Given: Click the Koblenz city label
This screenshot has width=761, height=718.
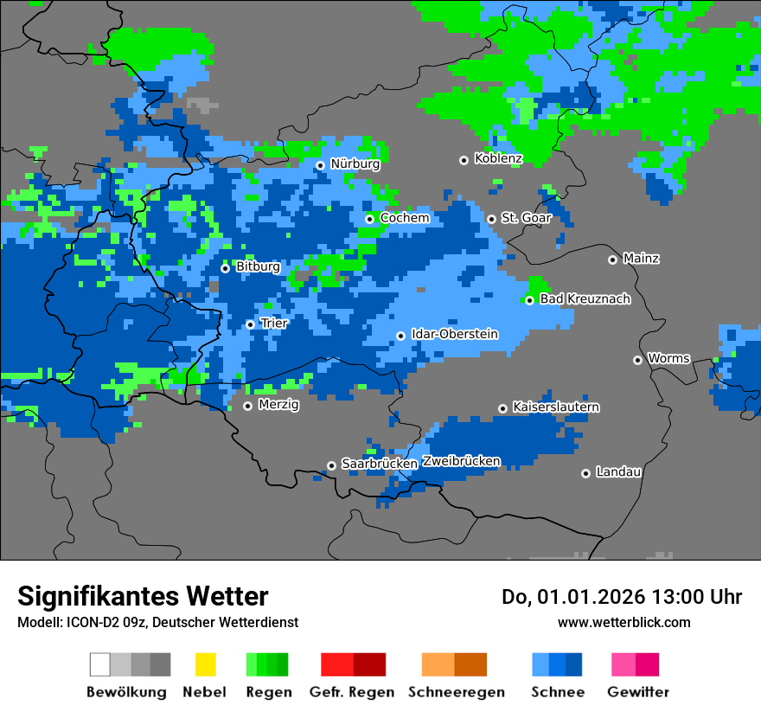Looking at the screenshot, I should [x=498, y=158].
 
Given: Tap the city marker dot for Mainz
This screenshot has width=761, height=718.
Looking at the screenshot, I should [x=612, y=260].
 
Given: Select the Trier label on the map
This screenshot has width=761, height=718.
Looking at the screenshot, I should [x=274, y=324].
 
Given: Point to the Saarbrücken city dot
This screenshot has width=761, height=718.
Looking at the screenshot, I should [x=331, y=465].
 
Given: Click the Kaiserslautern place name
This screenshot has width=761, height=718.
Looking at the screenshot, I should [x=556, y=407].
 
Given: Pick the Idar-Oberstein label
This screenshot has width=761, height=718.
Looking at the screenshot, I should [x=455, y=334].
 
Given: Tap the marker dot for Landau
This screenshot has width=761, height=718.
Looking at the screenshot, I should [x=585, y=473].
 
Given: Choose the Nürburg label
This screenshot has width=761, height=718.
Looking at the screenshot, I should [x=355, y=163].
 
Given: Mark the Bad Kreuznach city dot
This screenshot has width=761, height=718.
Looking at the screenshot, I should [x=529, y=300].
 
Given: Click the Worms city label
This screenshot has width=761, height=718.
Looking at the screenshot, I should [x=668, y=358].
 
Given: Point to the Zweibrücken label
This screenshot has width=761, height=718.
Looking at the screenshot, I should [x=461, y=461].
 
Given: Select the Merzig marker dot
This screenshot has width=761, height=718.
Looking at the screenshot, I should [x=247, y=406].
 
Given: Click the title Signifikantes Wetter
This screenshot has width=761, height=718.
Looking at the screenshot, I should [x=143, y=596].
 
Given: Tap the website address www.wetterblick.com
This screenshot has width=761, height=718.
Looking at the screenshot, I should [x=624, y=622].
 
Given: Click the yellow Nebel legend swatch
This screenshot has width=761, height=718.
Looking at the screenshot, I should [x=205, y=664].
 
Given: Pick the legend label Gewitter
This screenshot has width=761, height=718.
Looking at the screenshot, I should [x=638, y=692].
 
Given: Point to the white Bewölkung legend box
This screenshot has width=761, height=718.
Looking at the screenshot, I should [x=99, y=664].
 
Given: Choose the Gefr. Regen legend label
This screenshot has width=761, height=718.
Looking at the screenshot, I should [x=352, y=692].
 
